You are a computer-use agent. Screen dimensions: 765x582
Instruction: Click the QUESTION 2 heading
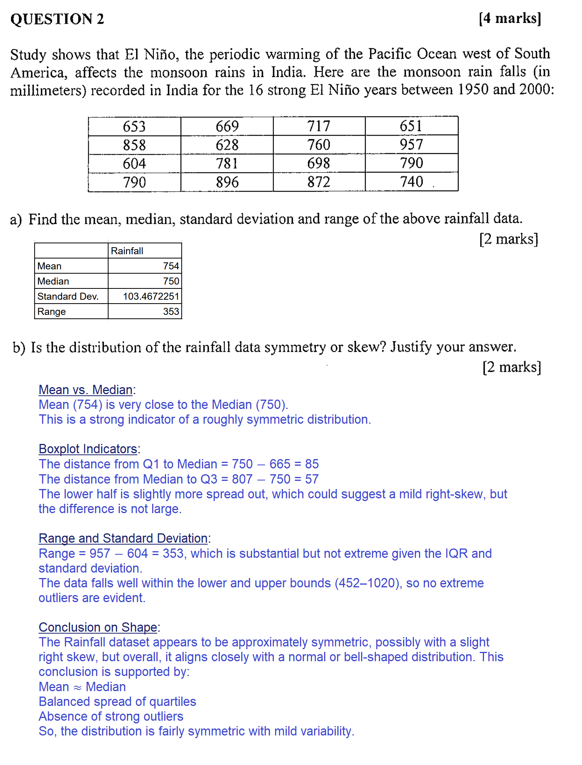point(57,19)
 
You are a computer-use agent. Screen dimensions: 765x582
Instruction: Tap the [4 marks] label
point(510,18)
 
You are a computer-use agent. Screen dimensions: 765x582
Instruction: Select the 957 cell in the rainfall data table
point(411,145)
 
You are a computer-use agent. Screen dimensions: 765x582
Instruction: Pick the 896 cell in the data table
point(227,182)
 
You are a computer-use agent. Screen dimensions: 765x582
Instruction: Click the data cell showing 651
point(411,126)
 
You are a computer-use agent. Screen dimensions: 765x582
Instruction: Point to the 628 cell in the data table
point(227,145)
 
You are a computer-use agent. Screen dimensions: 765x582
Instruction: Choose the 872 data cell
point(319,182)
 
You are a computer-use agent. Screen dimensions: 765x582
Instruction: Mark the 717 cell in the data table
point(319,126)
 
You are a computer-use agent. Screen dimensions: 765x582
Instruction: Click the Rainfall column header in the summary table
point(127,251)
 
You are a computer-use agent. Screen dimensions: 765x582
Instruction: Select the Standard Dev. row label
point(68,296)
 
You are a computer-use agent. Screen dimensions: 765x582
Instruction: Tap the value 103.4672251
point(151,296)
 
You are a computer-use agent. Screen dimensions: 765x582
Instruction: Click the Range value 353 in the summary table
point(171,311)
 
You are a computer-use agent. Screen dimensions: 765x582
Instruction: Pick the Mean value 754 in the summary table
point(171,266)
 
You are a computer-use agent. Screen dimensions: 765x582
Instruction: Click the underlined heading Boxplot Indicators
point(88,449)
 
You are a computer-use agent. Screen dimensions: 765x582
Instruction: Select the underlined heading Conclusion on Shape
point(98,627)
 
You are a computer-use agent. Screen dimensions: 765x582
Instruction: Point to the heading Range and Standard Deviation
point(123,538)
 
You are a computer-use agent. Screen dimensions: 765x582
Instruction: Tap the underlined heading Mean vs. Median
point(86,389)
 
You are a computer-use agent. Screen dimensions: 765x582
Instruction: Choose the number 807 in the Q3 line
point(242,479)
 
